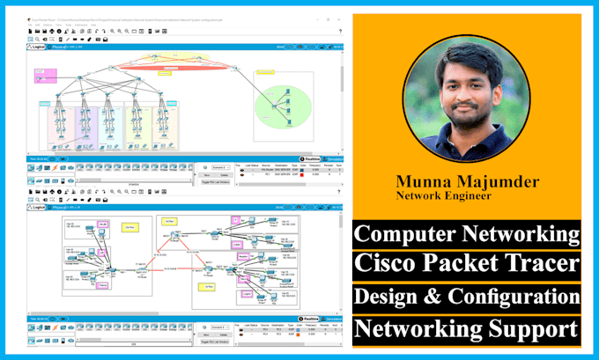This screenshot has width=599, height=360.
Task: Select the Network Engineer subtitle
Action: [x=444, y=197]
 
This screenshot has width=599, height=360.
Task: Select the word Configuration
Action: [x=514, y=297]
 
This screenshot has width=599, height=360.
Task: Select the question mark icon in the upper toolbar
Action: [x=340, y=31]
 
